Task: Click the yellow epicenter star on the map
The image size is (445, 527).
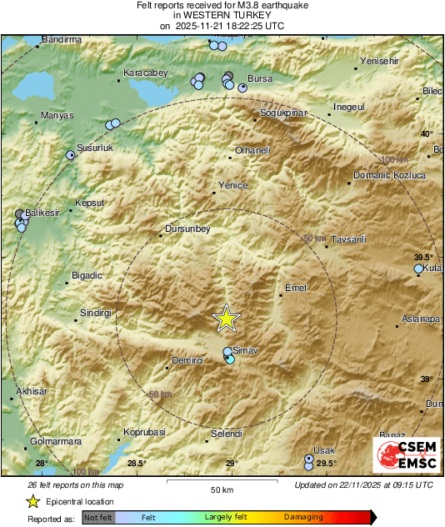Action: coord(226,318)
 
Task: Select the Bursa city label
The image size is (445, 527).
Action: coord(261,78)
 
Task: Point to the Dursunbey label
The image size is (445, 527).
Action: coord(186,228)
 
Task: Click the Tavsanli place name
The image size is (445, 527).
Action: coord(348,240)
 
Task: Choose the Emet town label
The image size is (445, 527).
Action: coord(297,288)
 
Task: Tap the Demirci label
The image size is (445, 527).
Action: coord(187,359)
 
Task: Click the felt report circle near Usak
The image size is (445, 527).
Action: coord(309,459)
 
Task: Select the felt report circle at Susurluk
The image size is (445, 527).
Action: coord(71,154)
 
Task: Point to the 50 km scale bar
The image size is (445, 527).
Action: coord(220,481)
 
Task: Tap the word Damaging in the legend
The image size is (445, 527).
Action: coord(303,517)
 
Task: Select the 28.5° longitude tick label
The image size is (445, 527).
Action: coord(137,464)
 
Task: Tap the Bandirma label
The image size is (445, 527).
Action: coord(63,39)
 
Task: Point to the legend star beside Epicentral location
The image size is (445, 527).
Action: coord(32,502)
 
